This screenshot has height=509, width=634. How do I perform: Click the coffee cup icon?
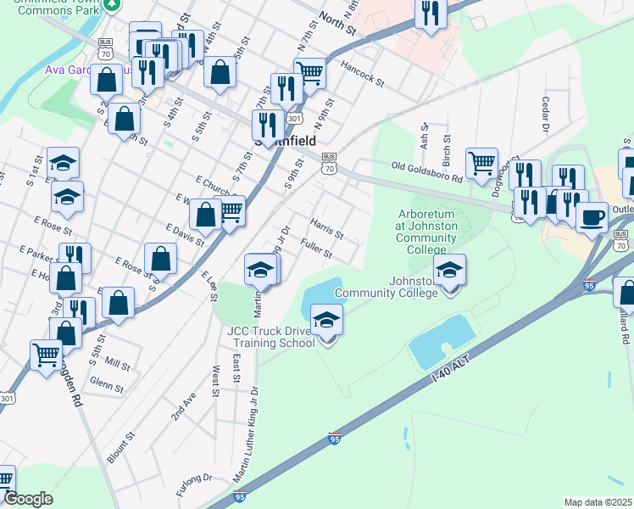coord(592,215)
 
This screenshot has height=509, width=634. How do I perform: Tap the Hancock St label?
coord(362,72)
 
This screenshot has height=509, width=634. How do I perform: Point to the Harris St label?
coord(326,228)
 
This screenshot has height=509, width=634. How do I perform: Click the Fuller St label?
coord(316,249)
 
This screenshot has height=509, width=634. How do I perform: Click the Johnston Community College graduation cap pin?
coord(450,271)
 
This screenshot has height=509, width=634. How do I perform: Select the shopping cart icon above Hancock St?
coord(310,73)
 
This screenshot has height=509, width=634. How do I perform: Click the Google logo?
coord(28,499)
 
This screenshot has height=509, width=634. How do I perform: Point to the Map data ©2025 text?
coord(598,502)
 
